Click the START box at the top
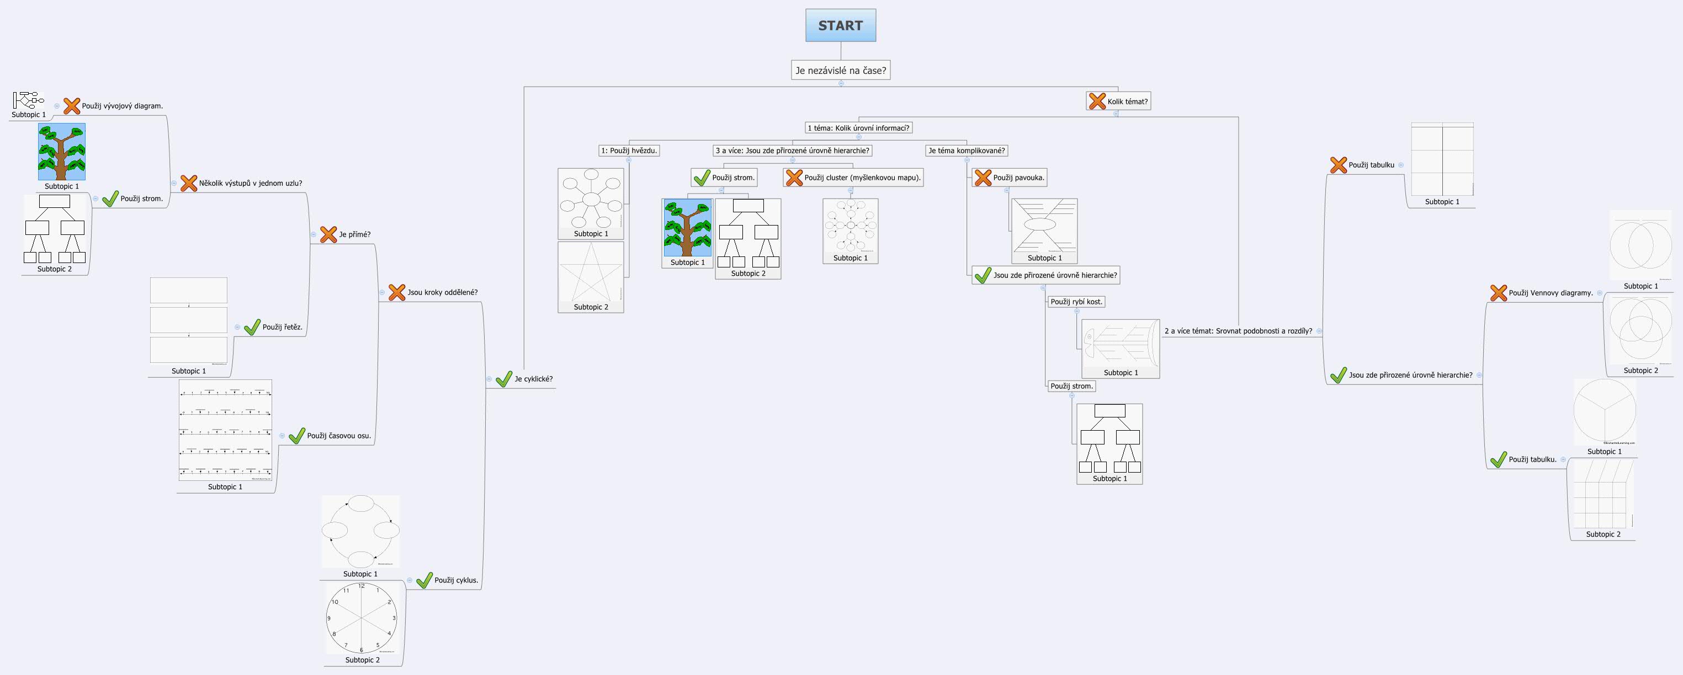click(840, 25)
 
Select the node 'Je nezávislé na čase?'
click(840, 71)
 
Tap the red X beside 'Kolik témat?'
click(1097, 101)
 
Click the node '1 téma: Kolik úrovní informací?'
click(858, 128)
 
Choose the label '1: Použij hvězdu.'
click(629, 151)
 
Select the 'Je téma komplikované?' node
click(967, 151)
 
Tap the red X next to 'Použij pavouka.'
click(983, 178)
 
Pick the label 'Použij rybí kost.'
click(1076, 302)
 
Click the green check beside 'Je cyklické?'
click(504, 379)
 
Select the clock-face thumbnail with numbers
click(362, 618)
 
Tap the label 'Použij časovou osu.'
click(338, 436)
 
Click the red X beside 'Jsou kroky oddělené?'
click(396, 292)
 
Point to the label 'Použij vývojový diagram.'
click(122, 106)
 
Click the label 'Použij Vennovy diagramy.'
click(1551, 293)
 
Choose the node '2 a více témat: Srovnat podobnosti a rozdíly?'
click(1238, 331)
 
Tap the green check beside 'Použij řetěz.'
click(252, 327)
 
